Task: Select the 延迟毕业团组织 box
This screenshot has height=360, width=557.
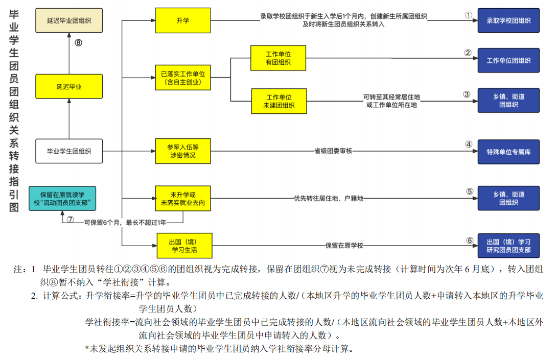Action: click(68, 21)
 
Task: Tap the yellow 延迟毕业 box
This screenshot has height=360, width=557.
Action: click(68, 86)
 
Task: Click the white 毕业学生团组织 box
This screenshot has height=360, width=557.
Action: click(68, 151)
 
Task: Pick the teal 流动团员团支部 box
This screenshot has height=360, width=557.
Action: click(62, 199)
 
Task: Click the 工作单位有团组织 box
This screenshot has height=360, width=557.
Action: click(278, 58)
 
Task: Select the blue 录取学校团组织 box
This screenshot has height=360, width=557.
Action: click(508, 21)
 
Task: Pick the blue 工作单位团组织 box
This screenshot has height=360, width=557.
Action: click(508, 61)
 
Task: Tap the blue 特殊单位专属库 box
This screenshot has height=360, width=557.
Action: click(508, 152)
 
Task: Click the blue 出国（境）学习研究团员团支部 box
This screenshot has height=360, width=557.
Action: click(508, 246)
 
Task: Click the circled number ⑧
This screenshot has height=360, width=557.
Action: click(78, 43)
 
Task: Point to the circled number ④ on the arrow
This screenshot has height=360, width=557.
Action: click(469, 145)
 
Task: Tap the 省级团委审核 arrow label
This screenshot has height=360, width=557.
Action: click(334, 151)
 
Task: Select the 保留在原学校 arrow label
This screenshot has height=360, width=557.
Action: click(344, 246)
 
